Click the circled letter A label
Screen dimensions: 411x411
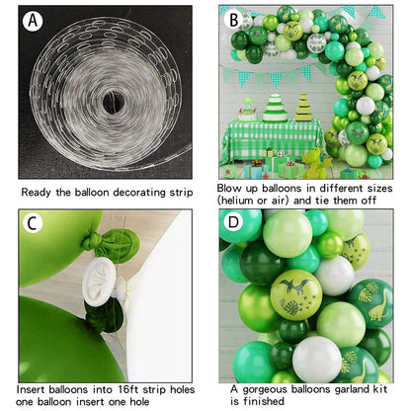[33, 21]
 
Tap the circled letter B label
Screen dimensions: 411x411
[234, 20]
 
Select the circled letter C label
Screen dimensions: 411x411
[33, 223]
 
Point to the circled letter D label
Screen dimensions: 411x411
[233, 221]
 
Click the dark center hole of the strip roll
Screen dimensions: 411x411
[114, 103]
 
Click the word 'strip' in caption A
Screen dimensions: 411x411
[181, 193]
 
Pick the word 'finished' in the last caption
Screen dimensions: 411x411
[264, 401]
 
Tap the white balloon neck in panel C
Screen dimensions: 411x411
[100, 281]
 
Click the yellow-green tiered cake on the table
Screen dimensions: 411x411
[303, 108]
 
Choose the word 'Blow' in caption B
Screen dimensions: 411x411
[227, 189]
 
